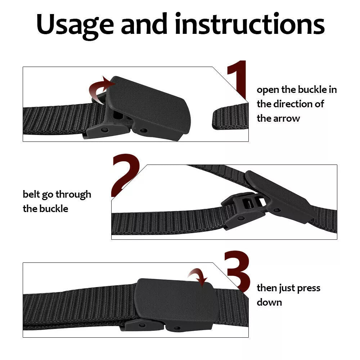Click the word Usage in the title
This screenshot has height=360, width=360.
(x=75, y=24)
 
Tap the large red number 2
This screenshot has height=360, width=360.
(x=125, y=175)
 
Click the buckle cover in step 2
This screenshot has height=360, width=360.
(x=279, y=196)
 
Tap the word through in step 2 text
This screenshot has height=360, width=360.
(x=73, y=194)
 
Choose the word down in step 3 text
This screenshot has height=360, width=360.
(x=269, y=302)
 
